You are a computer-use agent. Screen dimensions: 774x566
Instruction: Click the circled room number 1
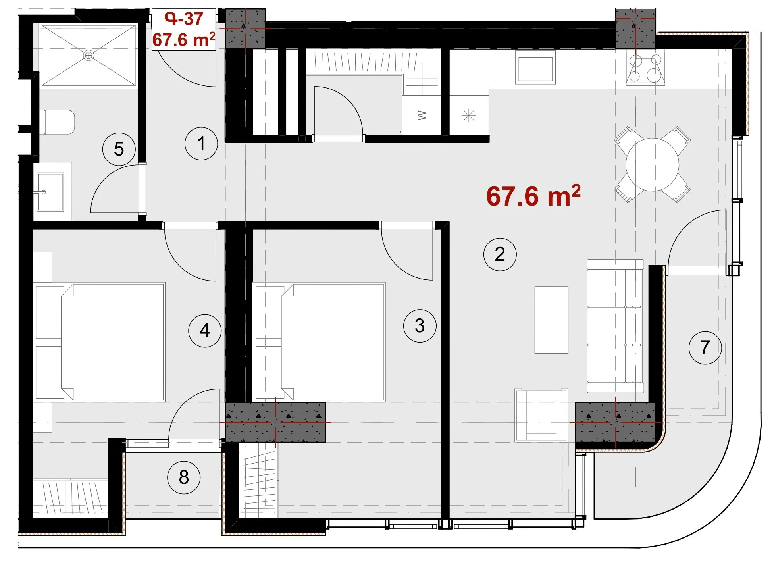tap(201, 143)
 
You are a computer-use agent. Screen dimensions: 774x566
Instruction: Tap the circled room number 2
tap(500, 254)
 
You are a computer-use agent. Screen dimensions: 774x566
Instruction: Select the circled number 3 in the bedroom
tap(420, 326)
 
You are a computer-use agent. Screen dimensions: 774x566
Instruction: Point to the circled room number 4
tap(204, 330)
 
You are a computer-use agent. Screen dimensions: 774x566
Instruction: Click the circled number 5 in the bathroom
tap(119, 149)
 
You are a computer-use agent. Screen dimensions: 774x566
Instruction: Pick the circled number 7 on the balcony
tap(705, 347)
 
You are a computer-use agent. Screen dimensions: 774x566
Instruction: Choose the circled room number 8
tap(184, 477)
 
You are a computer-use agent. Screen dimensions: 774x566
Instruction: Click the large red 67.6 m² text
tap(533, 196)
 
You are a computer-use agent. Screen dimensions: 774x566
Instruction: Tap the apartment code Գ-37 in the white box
tap(184, 19)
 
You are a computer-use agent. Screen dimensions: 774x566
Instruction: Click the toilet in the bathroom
tap(59, 122)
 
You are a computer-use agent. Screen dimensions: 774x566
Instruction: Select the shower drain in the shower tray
tap(89, 55)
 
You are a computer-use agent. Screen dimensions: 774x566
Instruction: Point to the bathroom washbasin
tap(50, 192)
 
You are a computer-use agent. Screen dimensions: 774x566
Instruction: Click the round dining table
tap(652, 164)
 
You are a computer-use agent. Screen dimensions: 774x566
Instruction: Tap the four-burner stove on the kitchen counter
tap(645, 68)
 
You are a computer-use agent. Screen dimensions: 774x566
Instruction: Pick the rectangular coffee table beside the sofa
tap(551, 320)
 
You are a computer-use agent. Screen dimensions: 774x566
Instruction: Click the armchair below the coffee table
tap(541, 415)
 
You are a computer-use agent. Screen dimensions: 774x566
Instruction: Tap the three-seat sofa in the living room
tap(615, 326)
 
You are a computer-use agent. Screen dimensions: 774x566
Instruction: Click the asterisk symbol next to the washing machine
tap(469, 116)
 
